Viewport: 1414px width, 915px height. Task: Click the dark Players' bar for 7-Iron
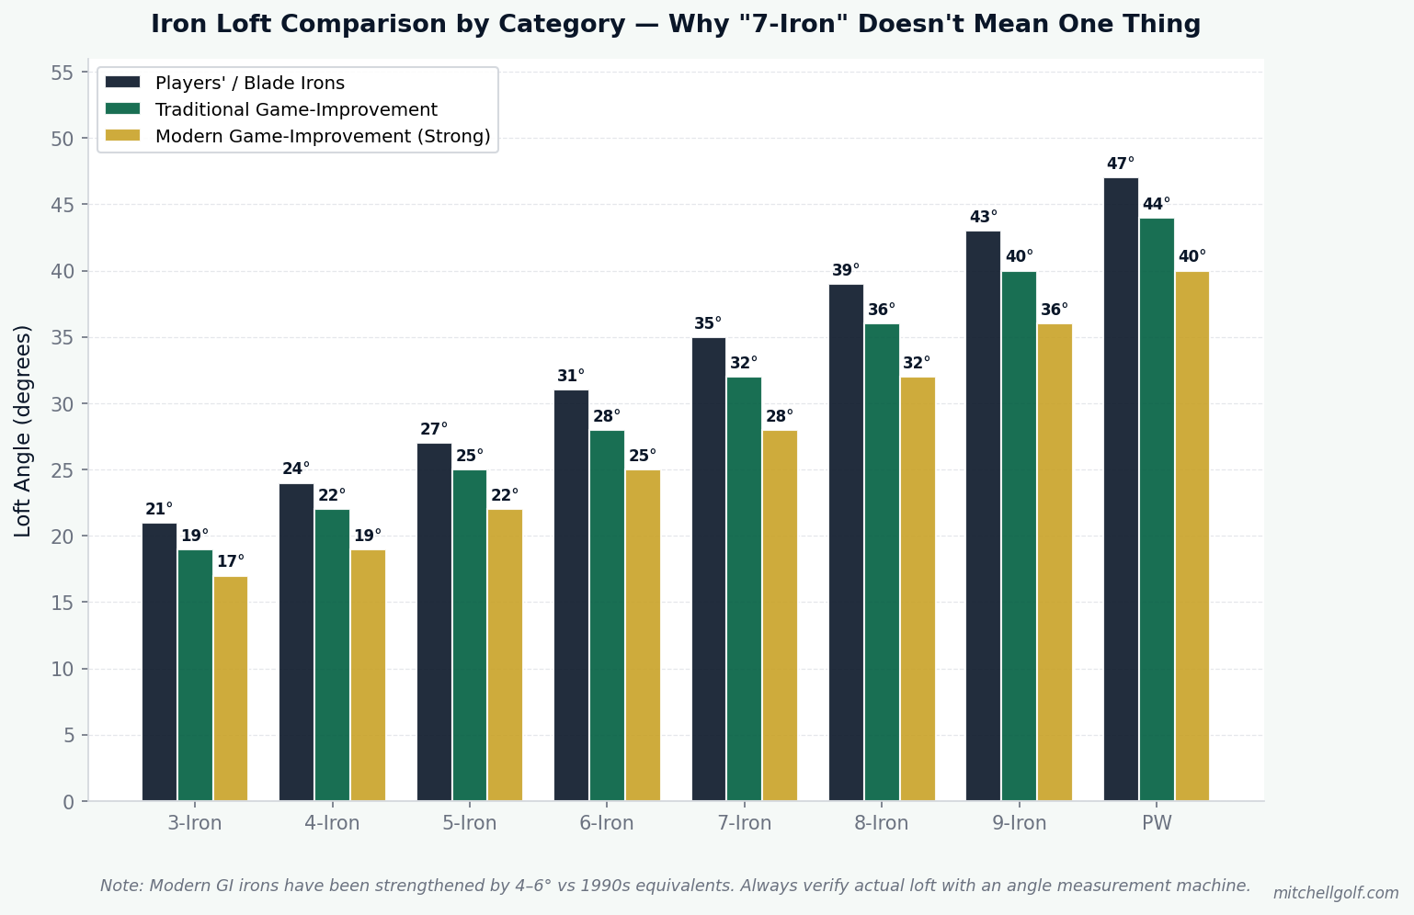(x=708, y=570)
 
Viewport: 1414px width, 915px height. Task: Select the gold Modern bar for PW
(x=1192, y=536)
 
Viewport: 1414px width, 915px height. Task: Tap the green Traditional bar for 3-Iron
(x=195, y=675)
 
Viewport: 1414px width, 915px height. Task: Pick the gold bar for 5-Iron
(x=505, y=655)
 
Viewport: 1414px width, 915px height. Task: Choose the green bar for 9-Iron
(x=1019, y=536)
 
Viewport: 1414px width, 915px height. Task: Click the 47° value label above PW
(x=1121, y=164)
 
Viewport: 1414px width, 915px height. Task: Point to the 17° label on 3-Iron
(x=231, y=561)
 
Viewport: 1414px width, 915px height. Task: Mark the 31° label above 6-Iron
(x=571, y=376)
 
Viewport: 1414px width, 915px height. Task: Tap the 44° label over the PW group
(x=1157, y=204)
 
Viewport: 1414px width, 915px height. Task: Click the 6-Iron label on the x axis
(x=607, y=823)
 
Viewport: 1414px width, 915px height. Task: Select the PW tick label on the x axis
(x=1157, y=823)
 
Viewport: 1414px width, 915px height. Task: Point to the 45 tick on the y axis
(x=62, y=206)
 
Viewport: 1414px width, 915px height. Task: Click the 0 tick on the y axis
(x=68, y=802)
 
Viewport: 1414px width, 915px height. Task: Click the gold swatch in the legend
(x=122, y=136)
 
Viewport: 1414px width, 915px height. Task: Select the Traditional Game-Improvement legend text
(x=296, y=109)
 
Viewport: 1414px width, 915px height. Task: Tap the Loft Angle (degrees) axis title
(x=22, y=432)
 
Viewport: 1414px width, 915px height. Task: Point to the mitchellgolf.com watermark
(x=1336, y=893)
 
